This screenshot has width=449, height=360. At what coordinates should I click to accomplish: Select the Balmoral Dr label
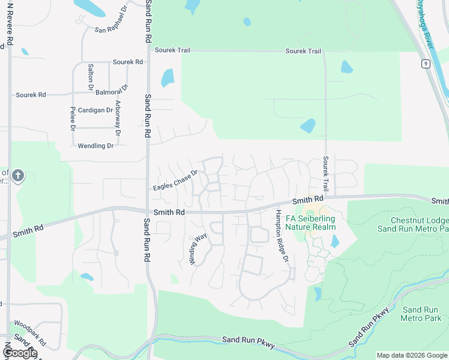point(112,92)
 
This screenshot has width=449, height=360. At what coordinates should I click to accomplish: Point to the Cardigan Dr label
point(95,110)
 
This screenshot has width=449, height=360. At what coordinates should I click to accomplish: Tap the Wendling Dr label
point(95,146)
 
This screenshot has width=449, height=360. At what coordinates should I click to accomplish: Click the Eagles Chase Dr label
point(175,181)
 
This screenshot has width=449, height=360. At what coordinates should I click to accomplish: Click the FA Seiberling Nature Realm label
point(310,223)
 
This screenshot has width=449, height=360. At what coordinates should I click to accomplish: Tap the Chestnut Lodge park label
point(412,224)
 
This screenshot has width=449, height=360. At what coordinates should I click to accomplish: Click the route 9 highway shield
point(426,64)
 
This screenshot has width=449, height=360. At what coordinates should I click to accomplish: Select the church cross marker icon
point(18,176)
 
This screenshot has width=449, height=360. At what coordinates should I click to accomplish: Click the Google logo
point(20,353)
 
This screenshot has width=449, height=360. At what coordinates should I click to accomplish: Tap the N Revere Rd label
point(9,24)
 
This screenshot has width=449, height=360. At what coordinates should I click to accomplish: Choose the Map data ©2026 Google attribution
point(412,355)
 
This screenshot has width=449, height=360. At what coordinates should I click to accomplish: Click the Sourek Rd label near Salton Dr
point(128,62)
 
